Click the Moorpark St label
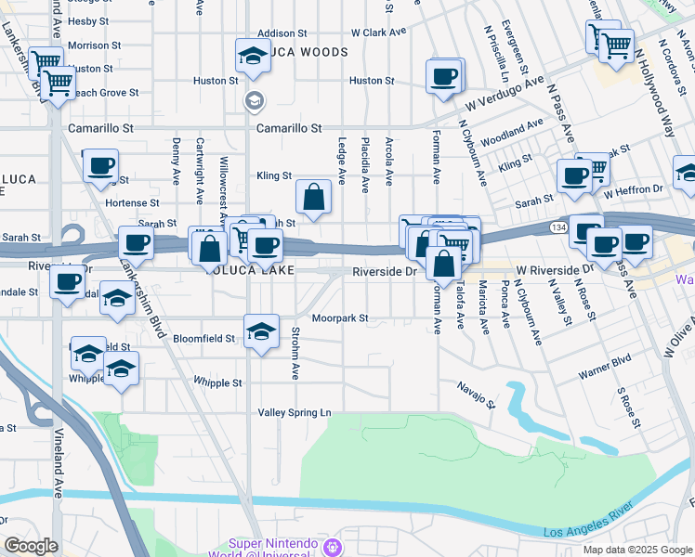[x=340, y=317]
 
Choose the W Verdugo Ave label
[x=505, y=92]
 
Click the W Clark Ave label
[x=379, y=32]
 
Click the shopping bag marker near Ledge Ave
[x=314, y=196]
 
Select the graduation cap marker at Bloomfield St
[x=262, y=330]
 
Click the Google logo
[x=30, y=546]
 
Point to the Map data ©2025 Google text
[x=636, y=550]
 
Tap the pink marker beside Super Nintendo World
[x=334, y=545]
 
